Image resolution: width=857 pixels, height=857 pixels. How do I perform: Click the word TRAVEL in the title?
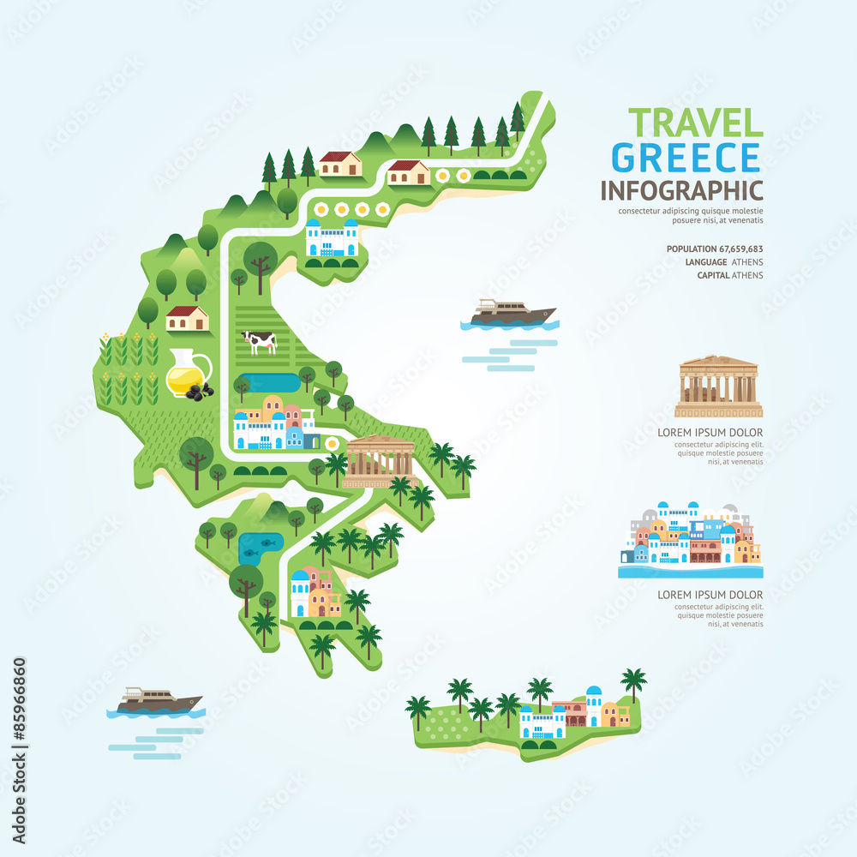pos(695,123)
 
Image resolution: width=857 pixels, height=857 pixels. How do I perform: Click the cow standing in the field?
pos(260,342)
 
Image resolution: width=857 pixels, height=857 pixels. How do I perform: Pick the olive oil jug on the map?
pos(187,375)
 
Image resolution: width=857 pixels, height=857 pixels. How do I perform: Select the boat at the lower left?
pos(155,701)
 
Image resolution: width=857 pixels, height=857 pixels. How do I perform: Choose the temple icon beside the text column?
pos(717,386)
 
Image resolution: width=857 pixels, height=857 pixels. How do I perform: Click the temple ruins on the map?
pos(378,459)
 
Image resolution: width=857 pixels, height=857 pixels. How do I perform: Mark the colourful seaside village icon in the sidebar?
pos(690,537)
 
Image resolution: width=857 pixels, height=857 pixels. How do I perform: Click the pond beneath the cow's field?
pos(270,381)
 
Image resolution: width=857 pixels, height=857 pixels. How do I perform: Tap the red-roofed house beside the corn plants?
pos(187,317)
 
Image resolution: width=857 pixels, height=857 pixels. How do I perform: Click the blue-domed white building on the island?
pos(593,704)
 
